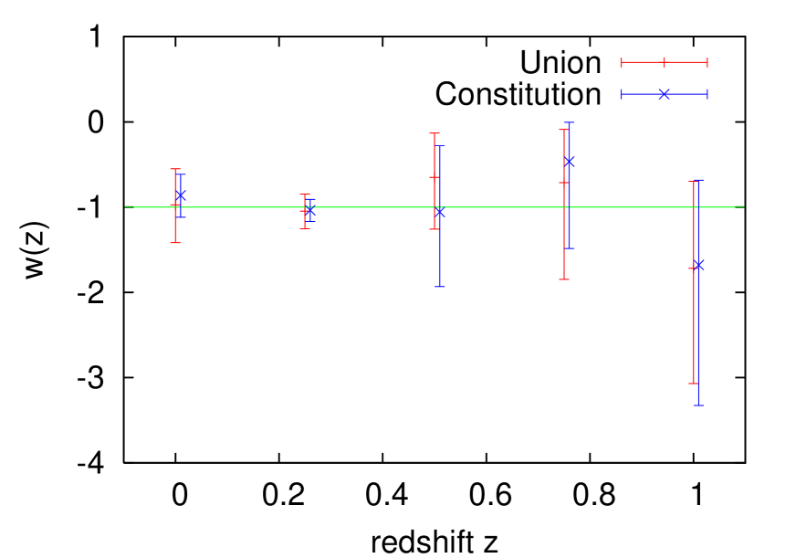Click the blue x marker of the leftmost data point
point(181,195)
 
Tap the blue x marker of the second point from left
point(310,211)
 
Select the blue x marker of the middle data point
point(439,212)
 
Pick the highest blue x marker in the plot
point(569,162)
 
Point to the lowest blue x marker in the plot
point(698,265)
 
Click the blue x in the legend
point(664,94)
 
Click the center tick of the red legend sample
point(664,62)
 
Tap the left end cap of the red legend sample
point(622,62)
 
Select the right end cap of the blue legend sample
point(707,94)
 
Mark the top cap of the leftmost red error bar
point(175,169)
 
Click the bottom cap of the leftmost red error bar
point(175,243)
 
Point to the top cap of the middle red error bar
point(435,134)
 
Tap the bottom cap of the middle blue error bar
point(439,287)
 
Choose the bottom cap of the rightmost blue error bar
point(698,405)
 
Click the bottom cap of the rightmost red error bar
point(694,384)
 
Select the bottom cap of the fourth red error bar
point(564,279)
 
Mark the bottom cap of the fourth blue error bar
point(569,248)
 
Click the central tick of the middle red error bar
point(435,177)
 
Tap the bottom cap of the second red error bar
point(305,228)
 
